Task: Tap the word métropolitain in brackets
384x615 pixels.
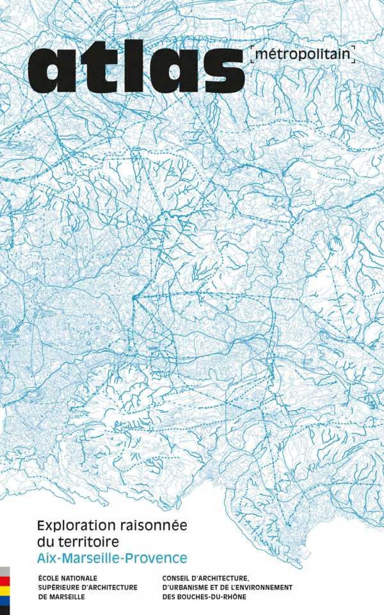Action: pyautogui.click(x=303, y=56)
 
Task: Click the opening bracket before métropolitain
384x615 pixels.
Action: pyautogui.click(x=252, y=56)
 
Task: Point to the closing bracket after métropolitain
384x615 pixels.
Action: pyautogui.click(x=354, y=56)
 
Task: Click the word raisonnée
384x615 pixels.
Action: pyautogui.click(x=153, y=526)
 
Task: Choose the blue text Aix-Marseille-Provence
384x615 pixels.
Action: pyautogui.click(x=112, y=558)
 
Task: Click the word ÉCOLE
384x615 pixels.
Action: pyautogui.click(x=51, y=578)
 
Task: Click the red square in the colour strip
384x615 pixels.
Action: pyautogui.click(x=4, y=581)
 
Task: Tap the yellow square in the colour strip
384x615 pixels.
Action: pyautogui.click(x=4, y=591)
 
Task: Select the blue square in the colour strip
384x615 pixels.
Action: pyautogui.click(x=4, y=600)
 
